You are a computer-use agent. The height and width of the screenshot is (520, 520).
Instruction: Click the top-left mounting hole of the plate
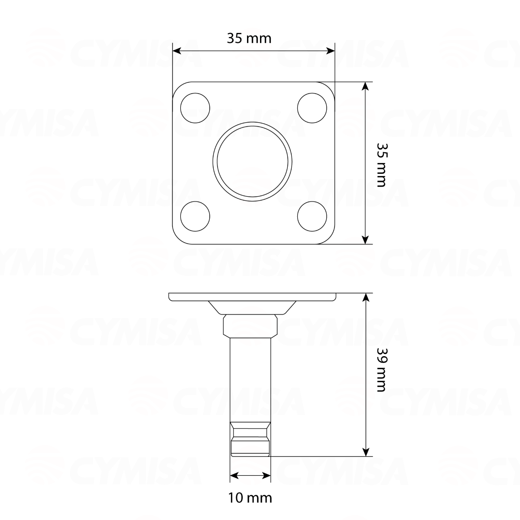point(195,107)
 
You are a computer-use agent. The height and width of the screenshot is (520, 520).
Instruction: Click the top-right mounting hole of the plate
point(312,107)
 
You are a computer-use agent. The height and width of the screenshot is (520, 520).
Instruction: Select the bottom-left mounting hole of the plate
point(195,216)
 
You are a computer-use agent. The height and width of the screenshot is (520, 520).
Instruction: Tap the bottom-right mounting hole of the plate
point(312,216)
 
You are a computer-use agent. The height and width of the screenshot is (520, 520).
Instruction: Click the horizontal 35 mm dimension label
point(249,39)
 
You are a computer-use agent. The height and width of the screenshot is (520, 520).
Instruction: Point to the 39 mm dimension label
point(380,369)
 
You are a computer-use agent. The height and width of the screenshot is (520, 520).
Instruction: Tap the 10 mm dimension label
point(250,498)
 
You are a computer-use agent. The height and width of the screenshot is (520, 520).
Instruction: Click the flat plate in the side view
point(253,297)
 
